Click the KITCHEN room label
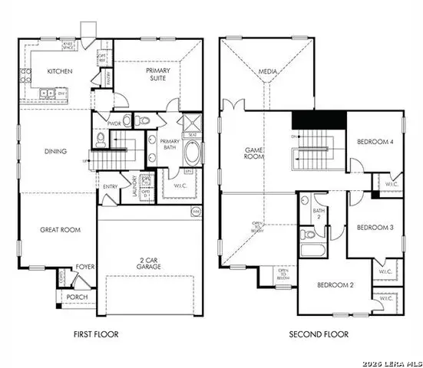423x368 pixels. (x=59, y=71)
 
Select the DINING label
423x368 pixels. (x=55, y=151)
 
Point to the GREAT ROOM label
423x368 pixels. (x=61, y=229)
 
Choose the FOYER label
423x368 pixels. (x=84, y=268)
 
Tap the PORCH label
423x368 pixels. (x=77, y=297)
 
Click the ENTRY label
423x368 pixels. (x=111, y=185)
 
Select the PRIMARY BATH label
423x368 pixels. (x=170, y=144)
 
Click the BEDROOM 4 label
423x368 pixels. (x=375, y=142)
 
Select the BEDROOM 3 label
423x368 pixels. (x=375, y=228)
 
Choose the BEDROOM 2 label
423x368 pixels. (x=335, y=285)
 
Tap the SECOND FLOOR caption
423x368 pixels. (x=318, y=334)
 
